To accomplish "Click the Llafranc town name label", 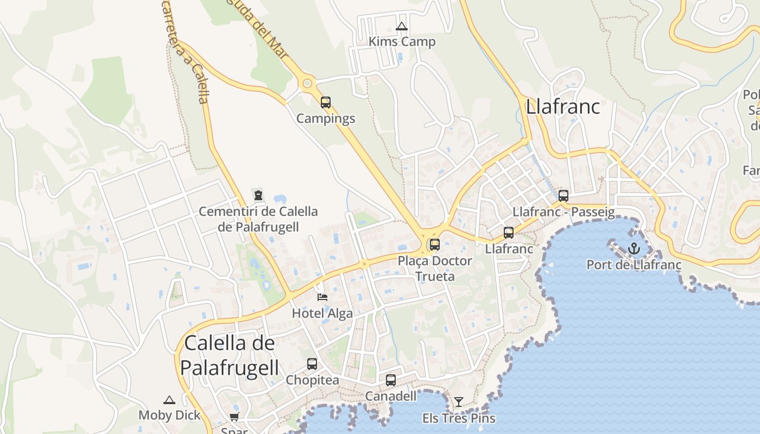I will tap(563, 106).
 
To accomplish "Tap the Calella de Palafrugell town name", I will tap(229, 355).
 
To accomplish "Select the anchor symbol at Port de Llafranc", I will tap(634, 249).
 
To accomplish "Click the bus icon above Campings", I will tap(326, 102).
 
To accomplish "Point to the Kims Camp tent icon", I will tap(402, 26).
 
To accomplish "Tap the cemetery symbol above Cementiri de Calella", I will tap(258, 195).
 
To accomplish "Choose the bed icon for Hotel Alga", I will tap(322, 297).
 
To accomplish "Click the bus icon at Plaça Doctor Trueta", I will tap(434, 244).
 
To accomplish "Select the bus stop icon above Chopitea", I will tap(312, 363).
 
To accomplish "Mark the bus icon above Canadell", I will tap(391, 380).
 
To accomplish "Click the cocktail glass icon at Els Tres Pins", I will tap(459, 402).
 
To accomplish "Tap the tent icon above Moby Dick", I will tap(169, 400).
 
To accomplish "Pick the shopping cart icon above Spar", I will tap(234, 417).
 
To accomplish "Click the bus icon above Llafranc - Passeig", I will tap(563, 195).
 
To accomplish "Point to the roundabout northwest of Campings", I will tap(308, 84).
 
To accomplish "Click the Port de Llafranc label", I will tap(634, 265).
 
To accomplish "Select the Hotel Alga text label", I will tap(322, 313).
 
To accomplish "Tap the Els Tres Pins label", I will tap(459, 418).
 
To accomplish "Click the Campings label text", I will tap(326, 118).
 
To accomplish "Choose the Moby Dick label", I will tap(169, 416).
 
